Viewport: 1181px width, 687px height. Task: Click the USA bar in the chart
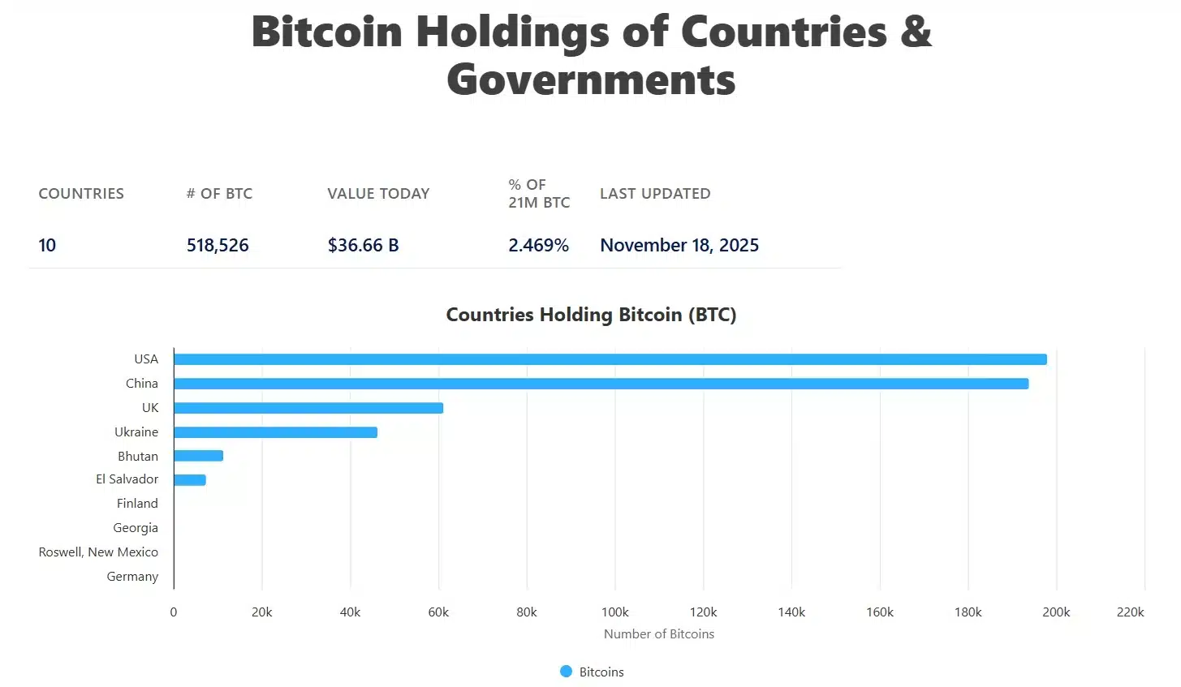point(610,359)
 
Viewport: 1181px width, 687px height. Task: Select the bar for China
point(601,384)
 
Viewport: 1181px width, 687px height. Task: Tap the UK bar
point(308,408)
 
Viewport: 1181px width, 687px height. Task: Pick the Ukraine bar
point(275,432)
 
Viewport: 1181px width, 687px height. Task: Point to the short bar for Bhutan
point(198,456)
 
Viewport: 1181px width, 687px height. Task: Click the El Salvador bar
point(190,480)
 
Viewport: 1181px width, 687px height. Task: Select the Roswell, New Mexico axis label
point(98,552)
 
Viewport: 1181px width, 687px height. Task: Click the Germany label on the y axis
point(132,577)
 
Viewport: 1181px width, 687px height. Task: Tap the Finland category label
point(137,504)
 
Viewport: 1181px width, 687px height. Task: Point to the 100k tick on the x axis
point(614,612)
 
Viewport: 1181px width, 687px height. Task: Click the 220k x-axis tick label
point(1130,612)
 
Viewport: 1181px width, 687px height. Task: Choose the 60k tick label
point(438,612)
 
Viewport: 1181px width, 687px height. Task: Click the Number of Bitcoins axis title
point(659,634)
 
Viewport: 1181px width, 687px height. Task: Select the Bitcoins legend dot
point(567,672)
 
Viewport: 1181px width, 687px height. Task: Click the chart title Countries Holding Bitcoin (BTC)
point(591,315)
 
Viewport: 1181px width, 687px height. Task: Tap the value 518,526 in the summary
point(218,246)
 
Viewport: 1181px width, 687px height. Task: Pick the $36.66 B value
point(363,246)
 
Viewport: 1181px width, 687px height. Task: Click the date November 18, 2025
point(679,246)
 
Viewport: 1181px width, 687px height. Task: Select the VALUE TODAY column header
point(378,194)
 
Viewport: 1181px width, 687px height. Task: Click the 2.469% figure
point(538,246)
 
